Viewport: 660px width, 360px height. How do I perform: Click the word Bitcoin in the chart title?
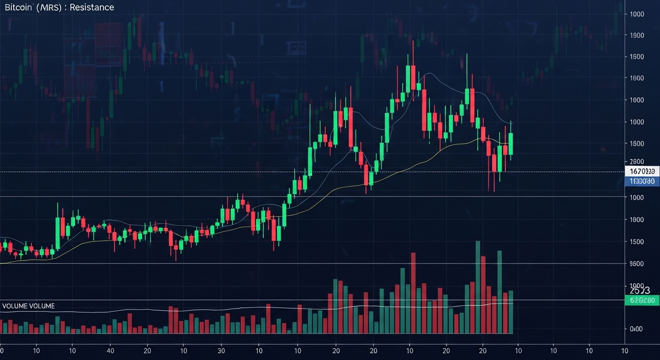coord(14,7)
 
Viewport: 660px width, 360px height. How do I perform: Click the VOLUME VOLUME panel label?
coord(28,306)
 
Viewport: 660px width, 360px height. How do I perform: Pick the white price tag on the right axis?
coord(642,171)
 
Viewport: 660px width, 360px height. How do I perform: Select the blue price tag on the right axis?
coord(642,181)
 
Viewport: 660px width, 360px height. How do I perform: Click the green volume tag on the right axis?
coord(642,300)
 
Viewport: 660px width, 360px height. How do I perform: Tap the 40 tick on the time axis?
coord(110,350)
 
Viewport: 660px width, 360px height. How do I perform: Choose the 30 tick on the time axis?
coord(222,350)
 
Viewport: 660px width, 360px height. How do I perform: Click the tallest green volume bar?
coord(478,287)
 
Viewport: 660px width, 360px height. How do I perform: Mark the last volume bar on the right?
coord(510,312)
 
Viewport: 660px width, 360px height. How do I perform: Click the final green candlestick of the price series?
coord(510,143)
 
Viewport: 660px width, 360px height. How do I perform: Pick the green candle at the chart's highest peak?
coord(408,78)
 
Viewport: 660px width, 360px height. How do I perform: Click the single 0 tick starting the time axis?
coord(1,350)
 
